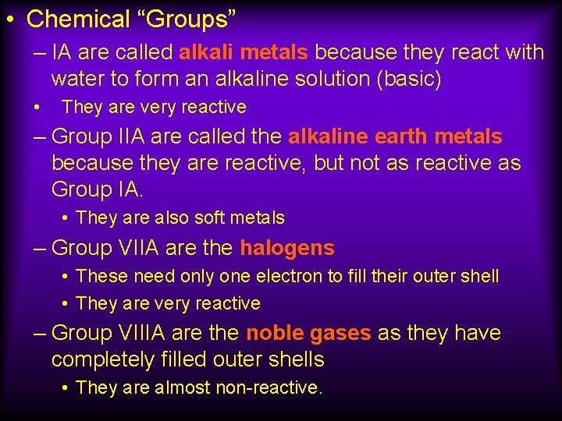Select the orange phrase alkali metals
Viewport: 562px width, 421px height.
click(244, 53)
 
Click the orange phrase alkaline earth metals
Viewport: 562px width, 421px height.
click(395, 136)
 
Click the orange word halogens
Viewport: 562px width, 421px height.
click(287, 249)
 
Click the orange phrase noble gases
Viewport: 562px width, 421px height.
click(308, 333)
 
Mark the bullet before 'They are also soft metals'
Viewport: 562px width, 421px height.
click(66, 218)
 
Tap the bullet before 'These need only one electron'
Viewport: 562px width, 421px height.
click(66, 276)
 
